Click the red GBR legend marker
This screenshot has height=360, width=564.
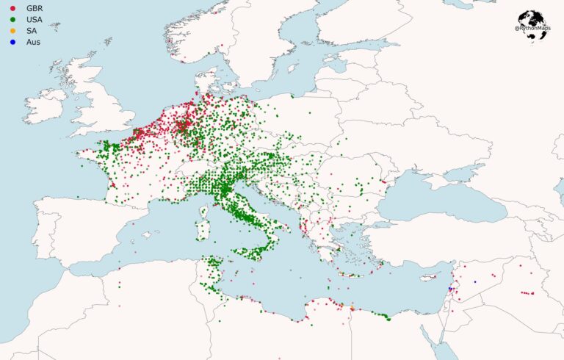point(12,8)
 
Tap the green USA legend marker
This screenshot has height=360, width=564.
point(12,19)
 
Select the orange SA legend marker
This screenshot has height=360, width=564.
point(12,30)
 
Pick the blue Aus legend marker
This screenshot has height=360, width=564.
point(12,42)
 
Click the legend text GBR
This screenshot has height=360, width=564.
point(35,8)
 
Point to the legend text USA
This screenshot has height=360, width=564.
point(35,19)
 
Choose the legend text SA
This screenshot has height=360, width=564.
point(32,30)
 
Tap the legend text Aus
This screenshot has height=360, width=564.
point(33,42)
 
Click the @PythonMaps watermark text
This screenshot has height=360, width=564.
point(533,28)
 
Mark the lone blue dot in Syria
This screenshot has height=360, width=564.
point(475,281)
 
